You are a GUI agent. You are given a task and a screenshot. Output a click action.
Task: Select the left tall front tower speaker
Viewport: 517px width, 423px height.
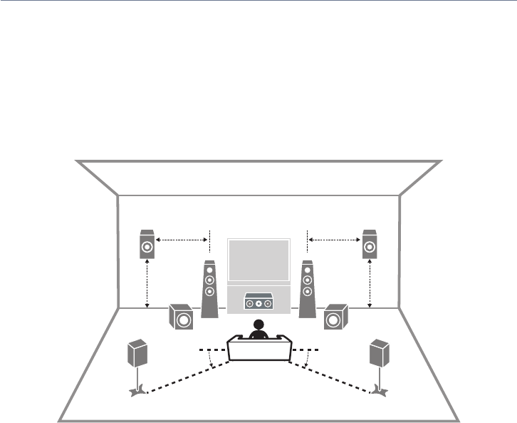click(209, 289)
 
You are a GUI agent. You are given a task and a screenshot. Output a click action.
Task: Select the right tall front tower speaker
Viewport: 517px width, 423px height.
click(307, 289)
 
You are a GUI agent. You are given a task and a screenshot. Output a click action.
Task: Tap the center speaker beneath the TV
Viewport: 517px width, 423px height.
click(258, 303)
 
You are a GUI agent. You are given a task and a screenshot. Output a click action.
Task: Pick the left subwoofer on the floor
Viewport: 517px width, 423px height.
click(181, 317)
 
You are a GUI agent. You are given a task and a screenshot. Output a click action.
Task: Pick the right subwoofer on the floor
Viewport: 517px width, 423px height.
click(335, 317)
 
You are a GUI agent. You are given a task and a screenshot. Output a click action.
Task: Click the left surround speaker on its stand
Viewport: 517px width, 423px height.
click(137, 354)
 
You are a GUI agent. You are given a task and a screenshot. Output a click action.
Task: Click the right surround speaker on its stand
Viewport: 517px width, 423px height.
click(379, 354)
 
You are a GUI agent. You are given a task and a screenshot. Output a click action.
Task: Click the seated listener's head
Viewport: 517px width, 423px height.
click(258, 325)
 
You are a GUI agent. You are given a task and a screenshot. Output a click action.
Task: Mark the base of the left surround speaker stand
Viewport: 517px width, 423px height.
click(137, 390)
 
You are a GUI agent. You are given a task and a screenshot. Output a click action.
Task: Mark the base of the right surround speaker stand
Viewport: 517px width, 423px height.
click(380, 390)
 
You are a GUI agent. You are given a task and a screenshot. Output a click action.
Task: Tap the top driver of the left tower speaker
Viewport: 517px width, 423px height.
click(209, 271)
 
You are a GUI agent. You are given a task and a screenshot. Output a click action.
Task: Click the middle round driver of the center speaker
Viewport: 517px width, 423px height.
click(258, 304)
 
